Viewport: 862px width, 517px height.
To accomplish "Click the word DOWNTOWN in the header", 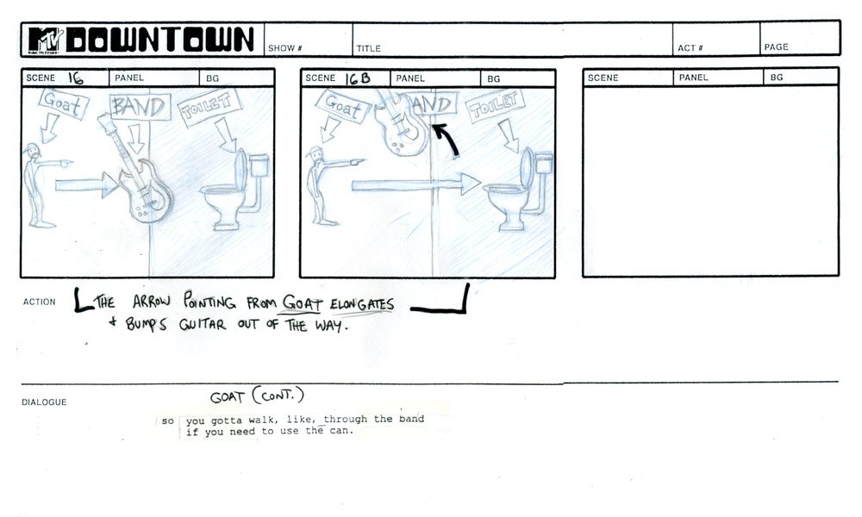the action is pos(161,40).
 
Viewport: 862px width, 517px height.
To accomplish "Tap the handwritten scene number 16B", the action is pos(358,78).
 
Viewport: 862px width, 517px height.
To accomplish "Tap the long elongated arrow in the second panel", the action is pos(414,184).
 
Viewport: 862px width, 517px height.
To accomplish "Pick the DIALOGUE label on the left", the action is pos(44,402).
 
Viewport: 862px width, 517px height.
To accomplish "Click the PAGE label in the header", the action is pos(776,47).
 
